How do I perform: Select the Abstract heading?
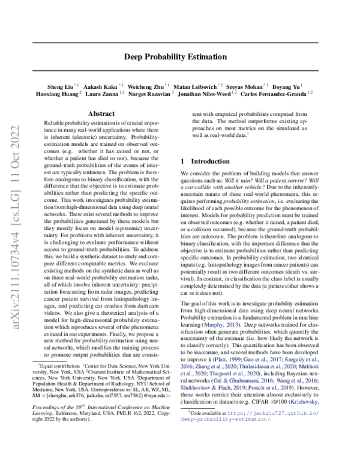click(101, 113)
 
